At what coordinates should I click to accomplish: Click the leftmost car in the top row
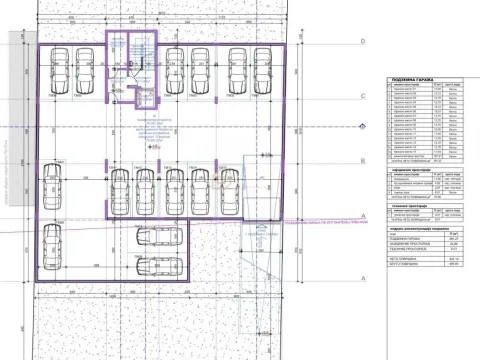point(59,71)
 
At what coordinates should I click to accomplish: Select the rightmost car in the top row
point(267,71)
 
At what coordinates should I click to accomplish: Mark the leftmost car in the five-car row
point(148,191)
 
